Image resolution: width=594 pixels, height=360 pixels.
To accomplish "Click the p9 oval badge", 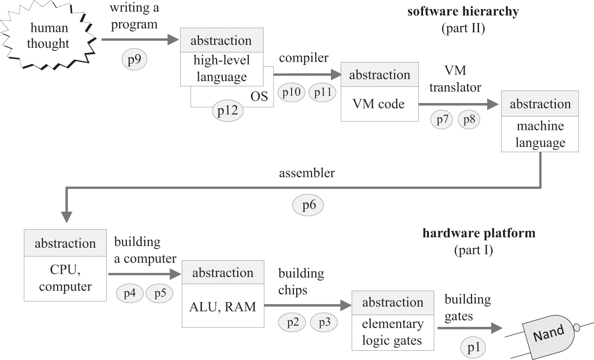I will pyautogui.click(x=134, y=60).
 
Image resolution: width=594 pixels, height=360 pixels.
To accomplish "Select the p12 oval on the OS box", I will pyautogui.click(x=227, y=110).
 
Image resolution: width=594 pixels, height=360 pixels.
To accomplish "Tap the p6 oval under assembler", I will pyautogui.click(x=308, y=205).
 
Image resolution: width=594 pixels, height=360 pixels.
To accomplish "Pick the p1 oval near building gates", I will pyautogui.click(x=473, y=347).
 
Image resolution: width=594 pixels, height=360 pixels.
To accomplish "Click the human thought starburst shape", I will pyautogui.click(x=48, y=36).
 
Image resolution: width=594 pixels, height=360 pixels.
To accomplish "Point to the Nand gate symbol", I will pyautogui.click(x=549, y=334).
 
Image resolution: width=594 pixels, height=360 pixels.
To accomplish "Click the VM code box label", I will pyautogui.click(x=379, y=104).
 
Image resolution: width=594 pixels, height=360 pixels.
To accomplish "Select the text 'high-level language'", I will pyautogui.click(x=222, y=68).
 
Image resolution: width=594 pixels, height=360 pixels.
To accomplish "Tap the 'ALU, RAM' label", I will pyautogui.click(x=222, y=306).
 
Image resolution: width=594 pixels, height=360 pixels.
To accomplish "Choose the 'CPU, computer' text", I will pyautogui.click(x=65, y=278).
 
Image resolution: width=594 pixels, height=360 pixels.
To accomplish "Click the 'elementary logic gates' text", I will pyautogui.click(x=392, y=332).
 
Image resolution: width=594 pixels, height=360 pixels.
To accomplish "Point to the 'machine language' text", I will pyautogui.click(x=540, y=134).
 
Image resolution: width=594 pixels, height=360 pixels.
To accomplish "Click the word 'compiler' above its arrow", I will pyautogui.click(x=304, y=58).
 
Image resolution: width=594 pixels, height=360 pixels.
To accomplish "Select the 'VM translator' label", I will pyautogui.click(x=455, y=79).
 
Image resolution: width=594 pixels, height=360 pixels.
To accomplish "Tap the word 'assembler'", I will pyautogui.click(x=307, y=173).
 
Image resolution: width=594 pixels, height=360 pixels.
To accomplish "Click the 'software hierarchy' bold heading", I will pyautogui.click(x=463, y=11).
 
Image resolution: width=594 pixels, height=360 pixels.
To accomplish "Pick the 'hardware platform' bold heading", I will pyautogui.click(x=479, y=233).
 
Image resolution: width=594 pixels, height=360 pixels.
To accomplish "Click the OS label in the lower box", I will pyautogui.click(x=259, y=96).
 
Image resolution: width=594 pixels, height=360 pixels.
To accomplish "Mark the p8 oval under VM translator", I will pyautogui.click(x=469, y=119).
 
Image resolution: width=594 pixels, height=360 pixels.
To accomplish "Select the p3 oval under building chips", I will pyautogui.click(x=325, y=322).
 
